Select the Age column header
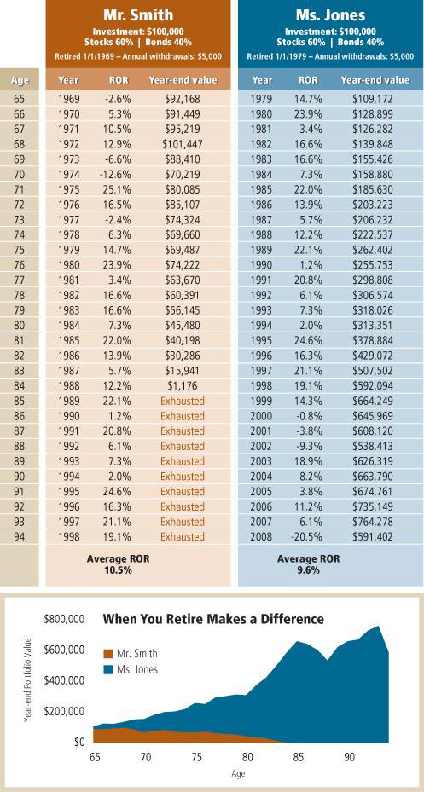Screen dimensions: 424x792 [19, 80]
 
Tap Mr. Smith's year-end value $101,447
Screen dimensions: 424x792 [183, 144]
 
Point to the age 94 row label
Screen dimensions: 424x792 [19, 536]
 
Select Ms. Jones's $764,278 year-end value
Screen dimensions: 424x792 [373, 521]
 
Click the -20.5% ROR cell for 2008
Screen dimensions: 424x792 [305, 536]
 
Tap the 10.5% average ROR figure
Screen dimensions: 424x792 [119, 569]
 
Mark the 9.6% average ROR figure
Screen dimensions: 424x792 [308, 569]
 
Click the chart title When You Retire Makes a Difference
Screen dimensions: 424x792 [213, 618]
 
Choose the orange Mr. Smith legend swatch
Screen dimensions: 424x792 [107, 654]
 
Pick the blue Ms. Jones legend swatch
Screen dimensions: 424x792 [107, 670]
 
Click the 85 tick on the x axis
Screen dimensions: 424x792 [298, 758]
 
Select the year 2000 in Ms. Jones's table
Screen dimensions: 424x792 [261, 417]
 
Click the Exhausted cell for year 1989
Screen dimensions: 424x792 [183, 402]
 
